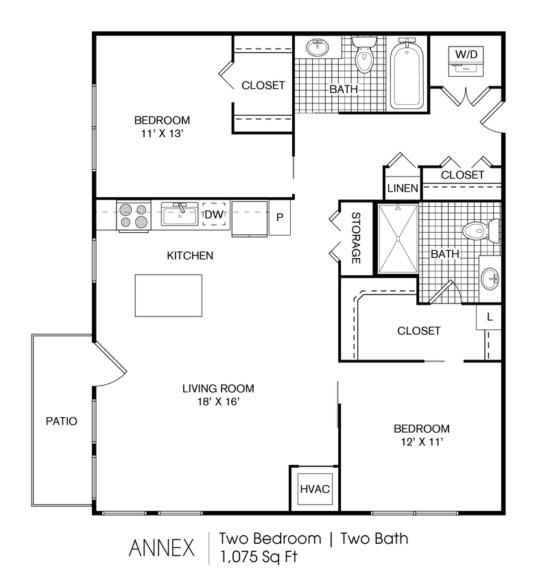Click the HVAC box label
click(x=315, y=489)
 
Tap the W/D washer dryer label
click(x=466, y=53)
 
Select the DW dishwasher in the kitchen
click(x=214, y=215)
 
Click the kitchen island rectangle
click(x=169, y=295)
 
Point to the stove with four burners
click(x=133, y=216)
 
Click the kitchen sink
click(x=180, y=215)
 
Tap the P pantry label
click(x=280, y=218)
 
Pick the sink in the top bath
click(x=317, y=49)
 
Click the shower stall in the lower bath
click(x=398, y=238)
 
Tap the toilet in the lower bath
click(x=480, y=230)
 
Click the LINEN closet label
click(x=403, y=188)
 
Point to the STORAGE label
click(x=356, y=238)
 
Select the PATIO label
click(x=62, y=421)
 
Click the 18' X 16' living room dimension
click(x=213, y=402)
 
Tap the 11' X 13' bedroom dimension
click(x=162, y=134)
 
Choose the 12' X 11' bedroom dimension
click(x=421, y=442)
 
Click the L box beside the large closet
click(x=489, y=317)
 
